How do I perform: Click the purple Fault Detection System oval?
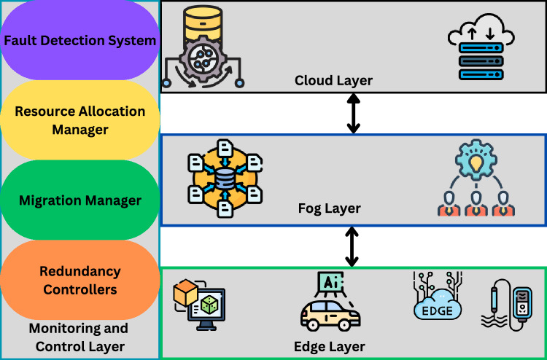click(80, 40)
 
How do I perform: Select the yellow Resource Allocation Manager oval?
click(80, 120)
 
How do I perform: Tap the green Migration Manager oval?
click(80, 200)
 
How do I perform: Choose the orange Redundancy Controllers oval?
click(80, 280)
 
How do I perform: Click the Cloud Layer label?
click(333, 81)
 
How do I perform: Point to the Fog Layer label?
click(330, 208)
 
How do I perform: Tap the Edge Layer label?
click(330, 347)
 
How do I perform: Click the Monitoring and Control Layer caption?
click(80, 337)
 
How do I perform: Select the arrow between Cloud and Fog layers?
click(354, 114)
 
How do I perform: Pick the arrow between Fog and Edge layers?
click(352, 247)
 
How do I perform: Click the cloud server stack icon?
click(481, 47)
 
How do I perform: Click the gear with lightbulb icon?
click(475, 160)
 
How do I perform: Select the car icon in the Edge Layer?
click(330, 316)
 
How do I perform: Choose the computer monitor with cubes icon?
click(200, 305)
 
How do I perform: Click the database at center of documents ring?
click(225, 179)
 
